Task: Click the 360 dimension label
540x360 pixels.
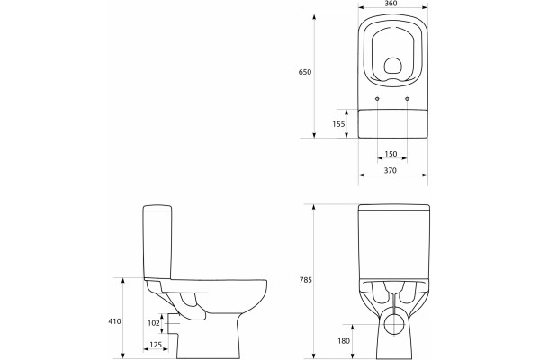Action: (x=391, y=4)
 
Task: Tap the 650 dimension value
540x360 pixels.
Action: (x=305, y=72)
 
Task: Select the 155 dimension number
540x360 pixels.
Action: (x=338, y=124)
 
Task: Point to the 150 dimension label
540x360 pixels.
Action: (x=391, y=154)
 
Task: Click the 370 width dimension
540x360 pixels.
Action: (x=391, y=170)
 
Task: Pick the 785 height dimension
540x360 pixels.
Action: (x=305, y=280)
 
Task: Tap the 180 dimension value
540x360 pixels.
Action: (x=344, y=341)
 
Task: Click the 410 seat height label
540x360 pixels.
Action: (x=114, y=321)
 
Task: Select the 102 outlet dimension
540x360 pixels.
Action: (x=154, y=323)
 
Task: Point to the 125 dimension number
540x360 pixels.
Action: (x=156, y=345)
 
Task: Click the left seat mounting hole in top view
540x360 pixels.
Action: (x=377, y=99)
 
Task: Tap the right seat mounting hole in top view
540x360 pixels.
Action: (x=408, y=99)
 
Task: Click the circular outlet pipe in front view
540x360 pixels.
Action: (x=393, y=324)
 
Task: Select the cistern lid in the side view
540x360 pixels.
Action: (x=157, y=208)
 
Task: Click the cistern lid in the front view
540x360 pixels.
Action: (x=394, y=207)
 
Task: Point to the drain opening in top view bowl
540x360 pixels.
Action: (x=392, y=66)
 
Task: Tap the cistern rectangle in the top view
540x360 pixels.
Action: (x=393, y=123)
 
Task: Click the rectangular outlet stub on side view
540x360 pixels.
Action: (x=173, y=323)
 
